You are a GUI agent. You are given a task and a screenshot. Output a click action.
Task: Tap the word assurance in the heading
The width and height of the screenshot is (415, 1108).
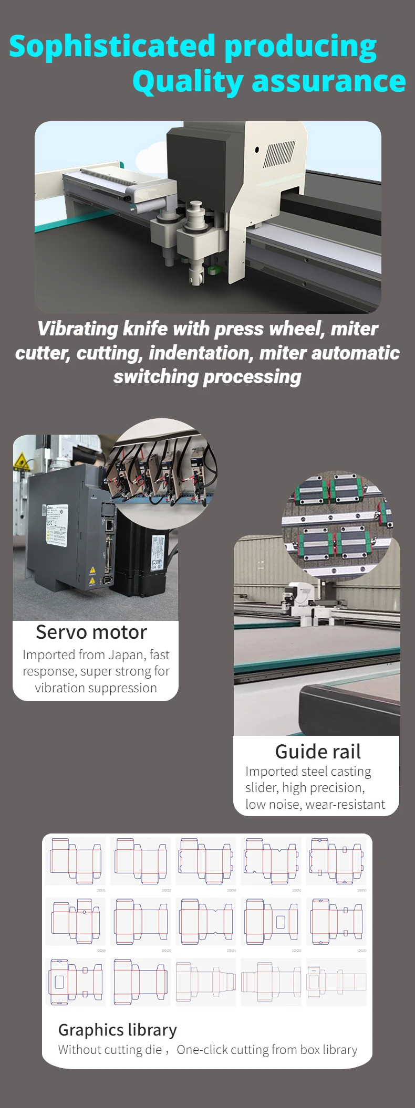coord(329,82)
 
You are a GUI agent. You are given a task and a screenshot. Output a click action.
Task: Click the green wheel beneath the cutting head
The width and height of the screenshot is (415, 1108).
coord(213,270)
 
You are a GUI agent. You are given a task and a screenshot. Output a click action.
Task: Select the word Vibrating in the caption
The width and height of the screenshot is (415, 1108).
coord(78,329)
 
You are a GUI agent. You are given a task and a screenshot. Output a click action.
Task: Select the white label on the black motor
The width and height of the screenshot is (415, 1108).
coord(157,552)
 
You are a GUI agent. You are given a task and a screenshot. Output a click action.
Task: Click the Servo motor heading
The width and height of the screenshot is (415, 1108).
coord(91,632)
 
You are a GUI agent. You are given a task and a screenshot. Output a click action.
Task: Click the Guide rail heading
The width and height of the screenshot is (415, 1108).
coord(318,752)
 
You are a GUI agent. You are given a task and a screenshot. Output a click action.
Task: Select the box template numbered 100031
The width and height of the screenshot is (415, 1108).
coord(76,861)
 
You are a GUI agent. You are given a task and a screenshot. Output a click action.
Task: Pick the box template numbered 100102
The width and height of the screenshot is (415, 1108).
coord(271,921)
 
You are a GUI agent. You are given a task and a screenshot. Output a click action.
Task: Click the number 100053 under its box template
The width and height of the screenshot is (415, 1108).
coord(361,890)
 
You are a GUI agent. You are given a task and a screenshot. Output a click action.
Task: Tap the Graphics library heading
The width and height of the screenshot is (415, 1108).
coord(118,1030)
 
